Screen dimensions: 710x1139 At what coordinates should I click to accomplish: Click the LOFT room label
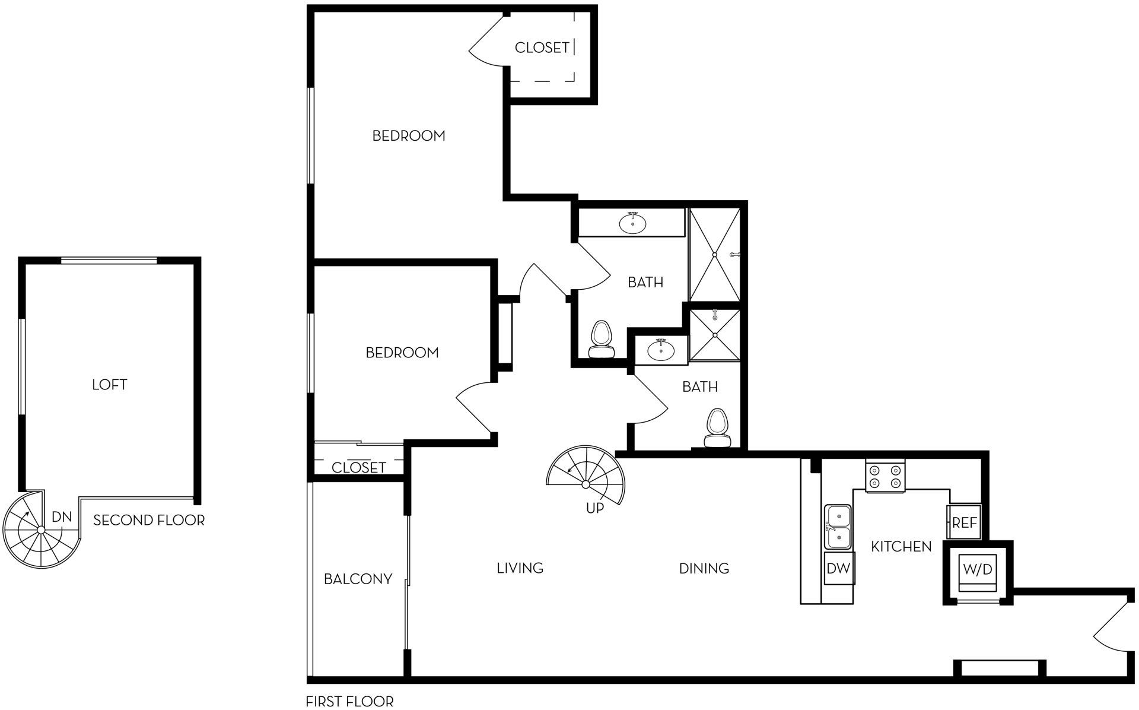(110, 385)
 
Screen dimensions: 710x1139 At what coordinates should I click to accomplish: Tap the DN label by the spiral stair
(62, 517)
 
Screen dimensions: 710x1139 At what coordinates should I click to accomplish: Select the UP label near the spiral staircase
(595, 508)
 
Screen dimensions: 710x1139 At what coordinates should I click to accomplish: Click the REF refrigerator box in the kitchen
(964, 523)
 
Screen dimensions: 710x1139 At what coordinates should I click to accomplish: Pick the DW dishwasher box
(838, 568)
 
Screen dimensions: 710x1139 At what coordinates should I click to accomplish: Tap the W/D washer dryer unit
(978, 570)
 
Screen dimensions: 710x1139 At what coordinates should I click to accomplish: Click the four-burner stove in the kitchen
(885, 476)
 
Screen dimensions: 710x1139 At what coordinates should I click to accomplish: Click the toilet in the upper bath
(602, 340)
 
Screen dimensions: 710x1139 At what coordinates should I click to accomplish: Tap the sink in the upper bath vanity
(633, 223)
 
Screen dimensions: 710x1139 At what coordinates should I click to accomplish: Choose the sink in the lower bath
(660, 350)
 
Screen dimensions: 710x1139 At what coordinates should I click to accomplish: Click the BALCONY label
(358, 579)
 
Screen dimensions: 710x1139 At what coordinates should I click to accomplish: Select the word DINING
(704, 569)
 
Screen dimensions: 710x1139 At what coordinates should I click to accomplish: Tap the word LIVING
(520, 568)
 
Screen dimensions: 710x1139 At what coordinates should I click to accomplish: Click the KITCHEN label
(901, 547)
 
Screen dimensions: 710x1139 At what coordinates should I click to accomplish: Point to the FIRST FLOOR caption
(349, 702)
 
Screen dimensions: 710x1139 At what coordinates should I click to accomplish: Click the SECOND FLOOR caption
(149, 521)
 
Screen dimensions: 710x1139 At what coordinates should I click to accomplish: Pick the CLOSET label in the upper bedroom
(542, 47)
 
